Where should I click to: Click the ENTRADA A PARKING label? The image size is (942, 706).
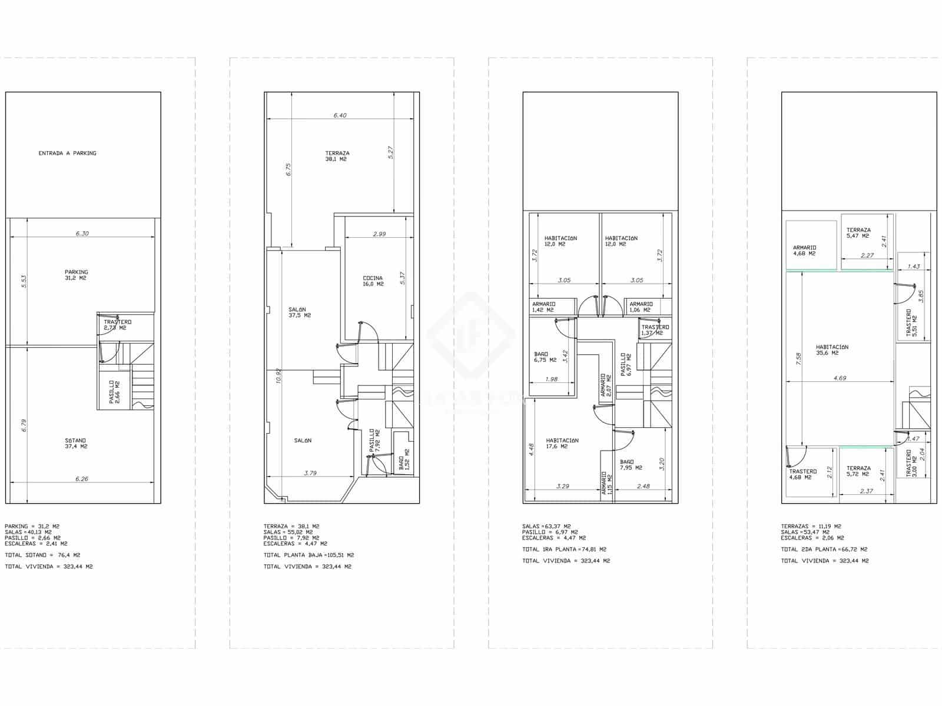pos(67,153)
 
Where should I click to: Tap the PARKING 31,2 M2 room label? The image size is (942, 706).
pos(76,275)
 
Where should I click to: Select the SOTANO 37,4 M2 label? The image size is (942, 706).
pos(76,443)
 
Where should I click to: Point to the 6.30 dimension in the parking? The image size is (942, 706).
pos(82,234)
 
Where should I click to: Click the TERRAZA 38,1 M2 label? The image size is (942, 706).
pos(337,156)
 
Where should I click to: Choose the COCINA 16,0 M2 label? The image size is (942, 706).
pos(373,281)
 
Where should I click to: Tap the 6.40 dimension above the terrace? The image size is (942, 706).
pos(340,115)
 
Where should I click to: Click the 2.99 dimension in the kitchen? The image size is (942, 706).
pos(379,234)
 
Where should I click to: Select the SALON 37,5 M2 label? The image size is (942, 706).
pos(300,312)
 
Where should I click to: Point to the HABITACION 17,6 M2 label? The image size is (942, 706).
pos(562,443)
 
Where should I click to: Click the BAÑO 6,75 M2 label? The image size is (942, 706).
pos(545,357)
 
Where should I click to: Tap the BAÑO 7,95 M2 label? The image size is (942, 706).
pos(631,465)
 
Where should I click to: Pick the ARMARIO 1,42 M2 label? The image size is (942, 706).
pos(542,307)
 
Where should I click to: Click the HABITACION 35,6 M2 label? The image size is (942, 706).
pos(832,350)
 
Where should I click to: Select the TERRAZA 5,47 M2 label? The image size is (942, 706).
pos(858,233)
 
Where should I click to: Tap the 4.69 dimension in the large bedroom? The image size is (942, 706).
pos(840,378)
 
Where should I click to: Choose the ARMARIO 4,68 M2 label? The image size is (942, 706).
pos(804,251)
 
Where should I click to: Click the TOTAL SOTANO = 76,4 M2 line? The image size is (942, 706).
pos(42,555)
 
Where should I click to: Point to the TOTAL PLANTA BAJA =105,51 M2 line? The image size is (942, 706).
pos(309,555)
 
